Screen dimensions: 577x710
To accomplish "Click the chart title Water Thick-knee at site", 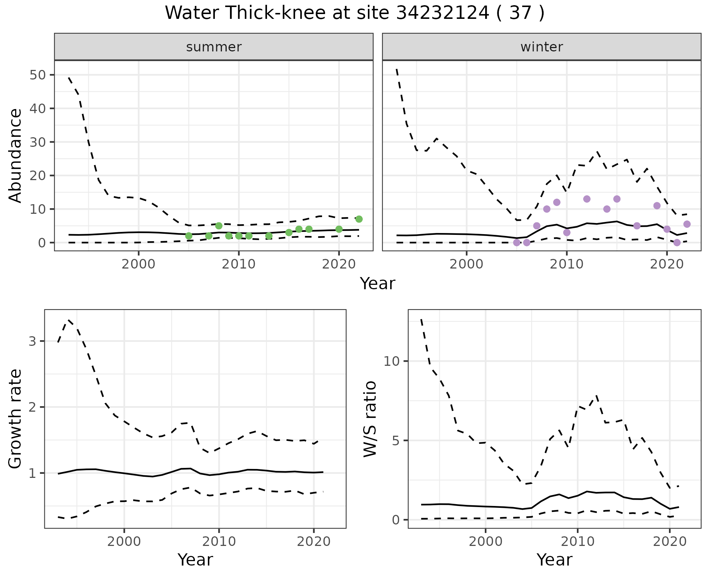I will pos(354,13).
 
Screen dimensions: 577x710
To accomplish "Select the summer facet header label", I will pos(214,47).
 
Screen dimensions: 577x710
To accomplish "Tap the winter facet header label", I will pos(541,47).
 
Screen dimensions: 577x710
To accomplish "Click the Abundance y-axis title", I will pos(16,155).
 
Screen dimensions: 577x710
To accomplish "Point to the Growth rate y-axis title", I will pos(16,419).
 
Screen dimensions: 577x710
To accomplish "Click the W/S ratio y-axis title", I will pos(370,419).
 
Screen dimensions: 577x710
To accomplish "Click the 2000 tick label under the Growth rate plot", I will pos(124,541).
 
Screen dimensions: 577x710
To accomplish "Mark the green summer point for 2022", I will pos(359,219).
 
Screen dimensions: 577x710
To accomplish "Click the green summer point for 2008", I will pos(219,226).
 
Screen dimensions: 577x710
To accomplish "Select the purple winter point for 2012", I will pos(587,199).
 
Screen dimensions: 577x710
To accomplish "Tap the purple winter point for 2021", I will pos(677,243).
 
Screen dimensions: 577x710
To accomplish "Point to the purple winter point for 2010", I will pos(567,232).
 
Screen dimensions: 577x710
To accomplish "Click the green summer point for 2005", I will pos(189,236).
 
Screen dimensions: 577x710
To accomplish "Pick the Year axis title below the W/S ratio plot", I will pos(554,560).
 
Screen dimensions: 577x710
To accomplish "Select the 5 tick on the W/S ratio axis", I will pos(395,441).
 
